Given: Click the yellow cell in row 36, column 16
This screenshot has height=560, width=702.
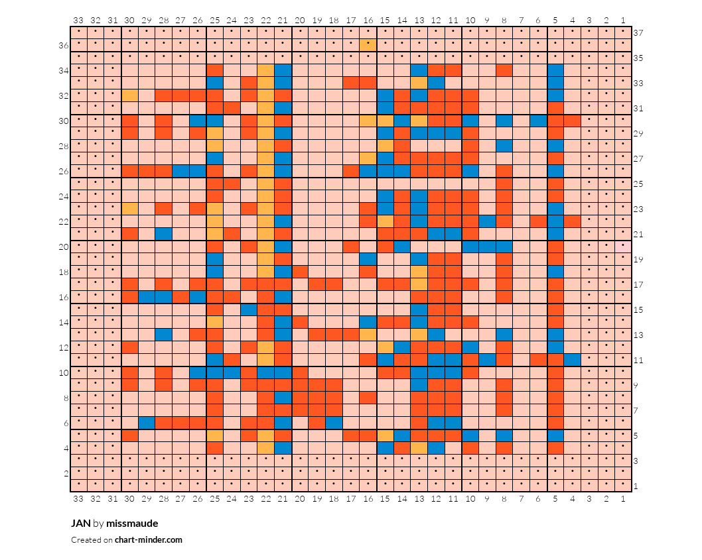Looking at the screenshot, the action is click(x=368, y=45).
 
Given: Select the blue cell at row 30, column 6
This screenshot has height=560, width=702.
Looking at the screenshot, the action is click(x=538, y=121).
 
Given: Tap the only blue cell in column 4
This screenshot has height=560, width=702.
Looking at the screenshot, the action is click(x=572, y=360).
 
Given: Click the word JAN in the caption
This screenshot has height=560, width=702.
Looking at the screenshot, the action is click(x=80, y=524).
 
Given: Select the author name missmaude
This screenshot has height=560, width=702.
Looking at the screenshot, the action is click(x=132, y=524).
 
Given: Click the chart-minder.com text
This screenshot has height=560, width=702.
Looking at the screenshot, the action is click(x=148, y=540).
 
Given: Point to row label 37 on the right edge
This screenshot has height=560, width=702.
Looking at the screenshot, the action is click(x=638, y=32).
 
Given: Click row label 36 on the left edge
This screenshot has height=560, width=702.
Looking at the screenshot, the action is click(x=64, y=45).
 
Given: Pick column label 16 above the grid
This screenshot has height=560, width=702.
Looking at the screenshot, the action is click(x=368, y=20).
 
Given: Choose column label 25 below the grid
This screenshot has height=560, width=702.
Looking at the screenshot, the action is click(x=215, y=498).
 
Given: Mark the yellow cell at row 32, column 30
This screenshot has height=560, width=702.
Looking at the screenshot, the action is click(x=130, y=95).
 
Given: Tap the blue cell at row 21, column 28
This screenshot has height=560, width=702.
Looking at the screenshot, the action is click(x=164, y=234).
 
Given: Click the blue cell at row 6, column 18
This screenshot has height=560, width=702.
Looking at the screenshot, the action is click(x=334, y=423).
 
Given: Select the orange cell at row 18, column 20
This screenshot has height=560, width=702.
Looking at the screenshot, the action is click(x=300, y=272).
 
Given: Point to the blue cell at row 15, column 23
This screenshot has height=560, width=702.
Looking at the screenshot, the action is click(x=249, y=309).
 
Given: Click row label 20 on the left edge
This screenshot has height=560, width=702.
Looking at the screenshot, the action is click(x=64, y=247).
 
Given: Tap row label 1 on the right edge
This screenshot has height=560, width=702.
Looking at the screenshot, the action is click(x=636, y=486).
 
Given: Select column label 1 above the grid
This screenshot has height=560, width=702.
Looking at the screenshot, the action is click(x=623, y=20).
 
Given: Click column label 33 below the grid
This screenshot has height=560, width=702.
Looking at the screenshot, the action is click(x=78, y=498).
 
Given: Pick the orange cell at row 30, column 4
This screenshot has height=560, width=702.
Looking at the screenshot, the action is click(x=572, y=121).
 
